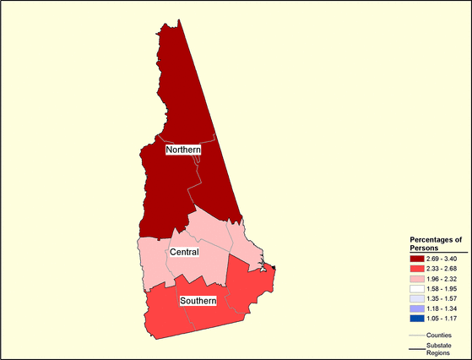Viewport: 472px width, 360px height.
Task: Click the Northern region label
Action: pos(183,150)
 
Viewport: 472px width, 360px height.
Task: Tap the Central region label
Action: pos(184,253)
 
